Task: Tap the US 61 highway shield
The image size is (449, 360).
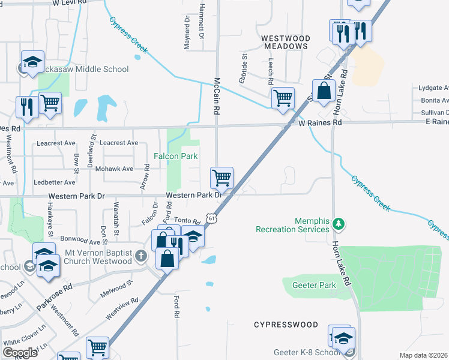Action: [211, 220]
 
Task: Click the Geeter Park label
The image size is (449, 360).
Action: [314, 286]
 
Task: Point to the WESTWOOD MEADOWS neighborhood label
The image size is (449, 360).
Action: [285, 41]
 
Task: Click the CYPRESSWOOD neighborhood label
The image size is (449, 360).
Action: [286, 325]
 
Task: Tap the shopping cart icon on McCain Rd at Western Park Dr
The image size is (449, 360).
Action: [221, 178]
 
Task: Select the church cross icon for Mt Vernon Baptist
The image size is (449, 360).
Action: [140, 257]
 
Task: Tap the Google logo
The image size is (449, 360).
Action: [20, 353]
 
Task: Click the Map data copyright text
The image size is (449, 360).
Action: [424, 355]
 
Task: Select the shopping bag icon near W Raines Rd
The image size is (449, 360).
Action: [324, 92]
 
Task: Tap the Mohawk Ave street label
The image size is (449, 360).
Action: [114, 169]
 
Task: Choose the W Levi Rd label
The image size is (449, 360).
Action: [71, 4]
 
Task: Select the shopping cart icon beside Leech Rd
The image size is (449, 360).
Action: [283, 98]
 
